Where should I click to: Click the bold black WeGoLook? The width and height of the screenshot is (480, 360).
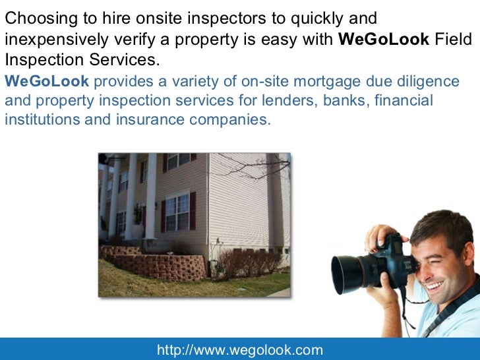(383, 39)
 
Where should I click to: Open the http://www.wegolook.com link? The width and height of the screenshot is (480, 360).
(239, 350)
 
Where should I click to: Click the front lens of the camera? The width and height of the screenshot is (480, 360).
(347, 273)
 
